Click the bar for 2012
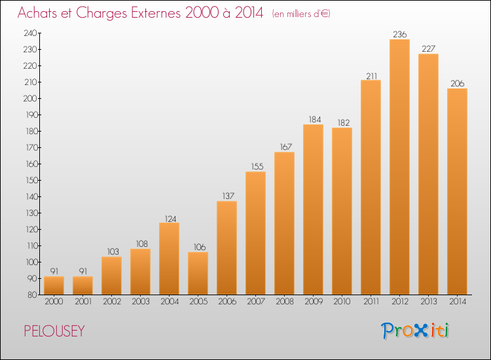point(399,167)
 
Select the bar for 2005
point(198,274)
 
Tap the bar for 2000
point(54,285)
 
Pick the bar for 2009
point(313,209)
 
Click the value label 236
point(400,34)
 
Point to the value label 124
point(171,219)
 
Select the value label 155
point(257,166)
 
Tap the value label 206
point(458,83)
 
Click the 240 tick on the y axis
point(30,33)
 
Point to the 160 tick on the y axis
point(31,164)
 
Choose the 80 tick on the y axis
point(32,295)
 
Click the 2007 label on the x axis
point(256,301)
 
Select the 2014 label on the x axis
point(458,301)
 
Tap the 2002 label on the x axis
point(112,301)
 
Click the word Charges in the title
point(101,13)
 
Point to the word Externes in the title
point(155,12)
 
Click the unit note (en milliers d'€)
point(301,14)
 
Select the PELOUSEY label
point(54,331)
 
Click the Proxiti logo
point(415,331)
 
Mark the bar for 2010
point(342,211)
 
